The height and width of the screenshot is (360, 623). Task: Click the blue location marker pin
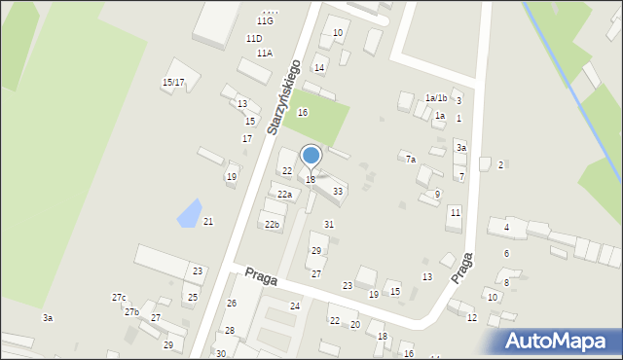point(311,156)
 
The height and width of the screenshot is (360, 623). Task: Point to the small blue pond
point(190,212)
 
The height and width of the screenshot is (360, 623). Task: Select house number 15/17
point(173,83)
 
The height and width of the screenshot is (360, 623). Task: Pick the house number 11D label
point(254,39)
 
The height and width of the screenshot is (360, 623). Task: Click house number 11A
point(265,54)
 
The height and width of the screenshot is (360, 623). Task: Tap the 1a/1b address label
point(436,98)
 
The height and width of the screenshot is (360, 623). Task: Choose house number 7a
point(411,160)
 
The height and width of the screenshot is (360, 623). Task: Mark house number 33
point(337,192)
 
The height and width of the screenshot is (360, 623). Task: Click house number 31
point(329,225)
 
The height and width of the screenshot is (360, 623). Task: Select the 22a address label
point(284,195)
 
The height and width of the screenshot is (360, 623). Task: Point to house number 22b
point(273,225)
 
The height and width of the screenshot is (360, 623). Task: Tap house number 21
point(208,222)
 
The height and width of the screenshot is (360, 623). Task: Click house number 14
point(319,68)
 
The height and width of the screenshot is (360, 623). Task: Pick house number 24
point(295,306)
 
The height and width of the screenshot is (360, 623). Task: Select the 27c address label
point(119,298)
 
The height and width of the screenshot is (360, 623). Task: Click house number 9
point(437,195)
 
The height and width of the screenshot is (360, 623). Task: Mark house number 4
point(506,229)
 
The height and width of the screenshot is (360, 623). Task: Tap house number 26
point(232,304)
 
